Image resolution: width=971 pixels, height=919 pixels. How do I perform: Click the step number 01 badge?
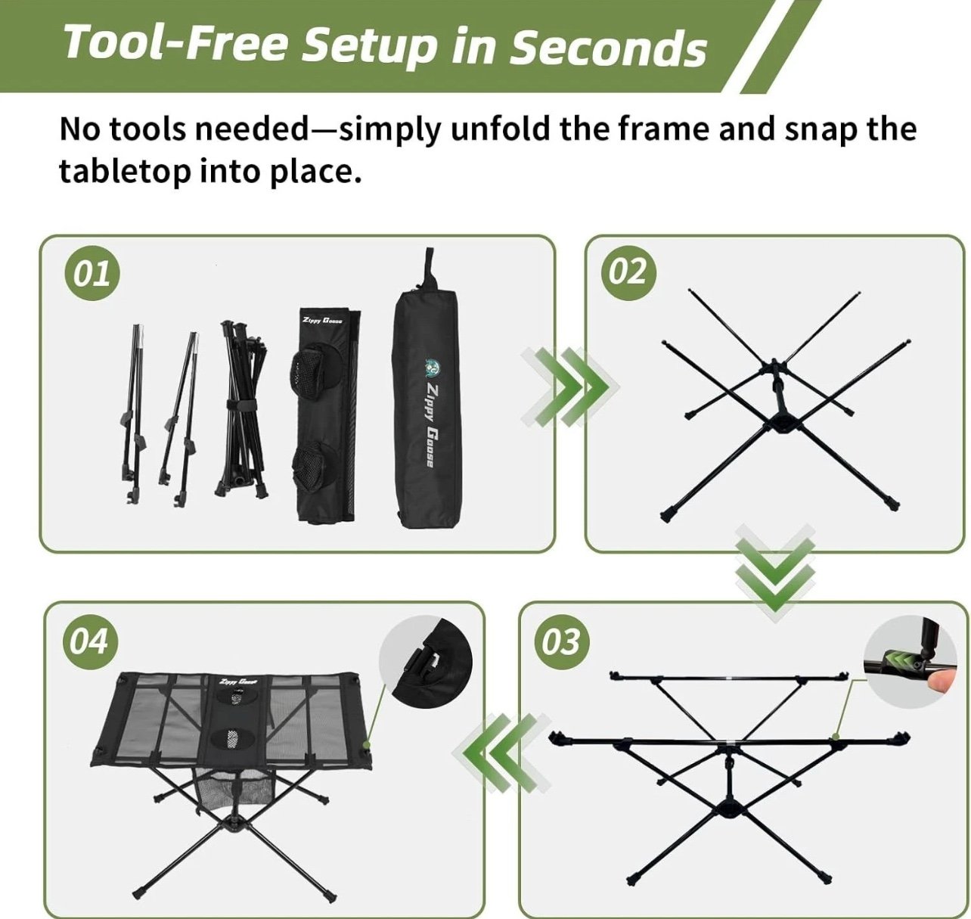pyautogui.click(x=92, y=274)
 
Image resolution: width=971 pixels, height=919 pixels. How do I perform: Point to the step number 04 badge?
pyautogui.click(x=89, y=642)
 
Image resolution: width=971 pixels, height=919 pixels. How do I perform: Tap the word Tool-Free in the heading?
pyautogui.click(x=174, y=42)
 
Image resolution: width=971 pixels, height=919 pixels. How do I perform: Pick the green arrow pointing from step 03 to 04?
pyautogui.click(x=502, y=752)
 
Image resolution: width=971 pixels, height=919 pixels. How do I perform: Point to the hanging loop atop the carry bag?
pyautogui.click(x=429, y=268)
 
